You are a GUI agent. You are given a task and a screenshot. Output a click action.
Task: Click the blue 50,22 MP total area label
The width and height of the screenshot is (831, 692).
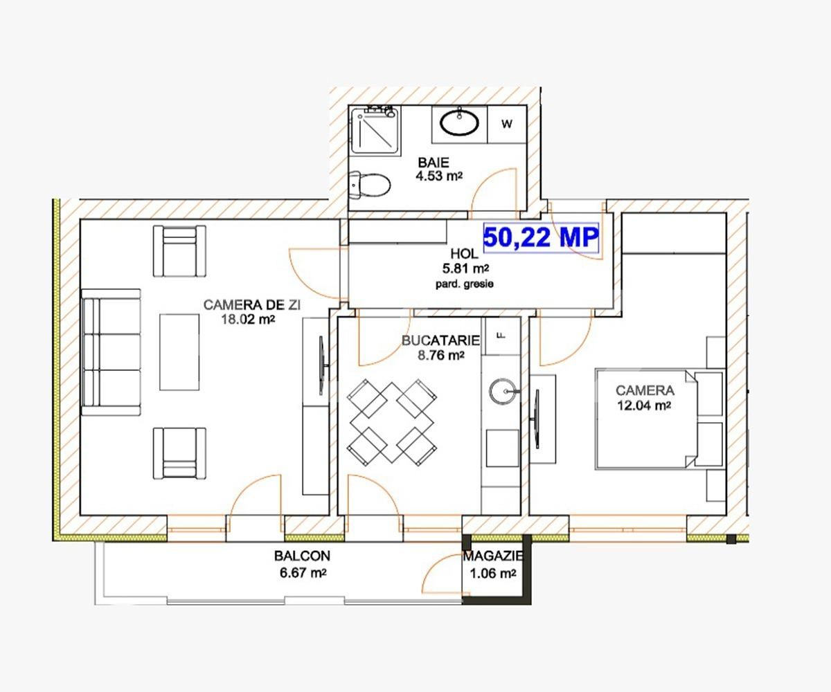[540, 237]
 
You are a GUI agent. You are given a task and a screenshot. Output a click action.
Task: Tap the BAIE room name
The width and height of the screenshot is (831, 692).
[433, 163]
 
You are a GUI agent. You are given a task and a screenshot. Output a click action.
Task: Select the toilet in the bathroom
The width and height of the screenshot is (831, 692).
[371, 184]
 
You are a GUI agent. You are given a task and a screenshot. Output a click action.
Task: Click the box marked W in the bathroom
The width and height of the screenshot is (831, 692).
[507, 125]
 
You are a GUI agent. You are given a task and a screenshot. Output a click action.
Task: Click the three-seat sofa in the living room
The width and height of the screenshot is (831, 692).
[111, 352]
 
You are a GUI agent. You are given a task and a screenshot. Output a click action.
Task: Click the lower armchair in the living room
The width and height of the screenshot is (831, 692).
[179, 453]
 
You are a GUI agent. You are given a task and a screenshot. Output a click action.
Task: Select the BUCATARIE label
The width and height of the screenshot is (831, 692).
[440, 340]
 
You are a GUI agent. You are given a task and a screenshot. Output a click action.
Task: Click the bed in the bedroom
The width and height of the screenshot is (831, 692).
[658, 419]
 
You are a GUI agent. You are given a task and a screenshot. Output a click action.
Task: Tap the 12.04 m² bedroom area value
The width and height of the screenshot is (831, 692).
[644, 406]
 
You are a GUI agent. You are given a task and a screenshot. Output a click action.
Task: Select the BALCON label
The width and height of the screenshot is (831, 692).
[302, 556]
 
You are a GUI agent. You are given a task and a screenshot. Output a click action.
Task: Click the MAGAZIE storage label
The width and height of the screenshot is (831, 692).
[492, 556]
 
